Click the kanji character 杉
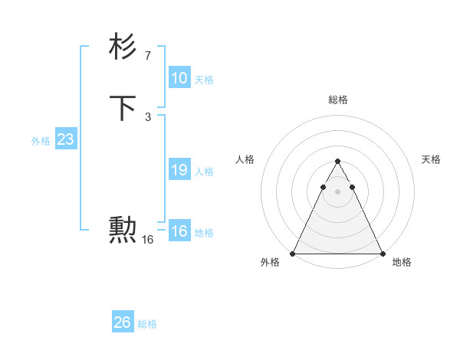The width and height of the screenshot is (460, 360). pos(123,47)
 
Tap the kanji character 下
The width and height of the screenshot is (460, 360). pos(123,107)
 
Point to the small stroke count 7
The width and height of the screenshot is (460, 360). pos(147,55)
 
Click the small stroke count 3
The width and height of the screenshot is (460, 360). pos(147,116)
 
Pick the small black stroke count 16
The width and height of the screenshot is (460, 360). pos(147,240)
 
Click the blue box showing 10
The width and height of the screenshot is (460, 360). pos(179,78)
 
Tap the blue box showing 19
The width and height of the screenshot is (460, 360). pos(179,170)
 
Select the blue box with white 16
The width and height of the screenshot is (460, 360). pos(179,231)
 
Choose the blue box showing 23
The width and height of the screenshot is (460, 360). pos(65,139)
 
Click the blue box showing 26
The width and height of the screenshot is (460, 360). pos(123,322)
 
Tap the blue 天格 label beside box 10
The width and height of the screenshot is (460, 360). pos(204,80)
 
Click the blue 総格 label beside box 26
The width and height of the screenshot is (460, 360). pos(147,324)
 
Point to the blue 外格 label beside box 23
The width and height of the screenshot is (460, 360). pos(41,141)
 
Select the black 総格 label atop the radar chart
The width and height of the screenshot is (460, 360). pos(337,100)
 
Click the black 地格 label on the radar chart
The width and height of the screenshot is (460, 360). pos(402,263)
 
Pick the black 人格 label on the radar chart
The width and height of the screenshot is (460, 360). pos(245,159)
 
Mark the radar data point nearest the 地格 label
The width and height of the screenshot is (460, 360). pos(382,254)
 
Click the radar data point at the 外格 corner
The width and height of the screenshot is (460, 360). pos(293,254)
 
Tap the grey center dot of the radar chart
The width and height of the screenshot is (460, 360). pos(337,191)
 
